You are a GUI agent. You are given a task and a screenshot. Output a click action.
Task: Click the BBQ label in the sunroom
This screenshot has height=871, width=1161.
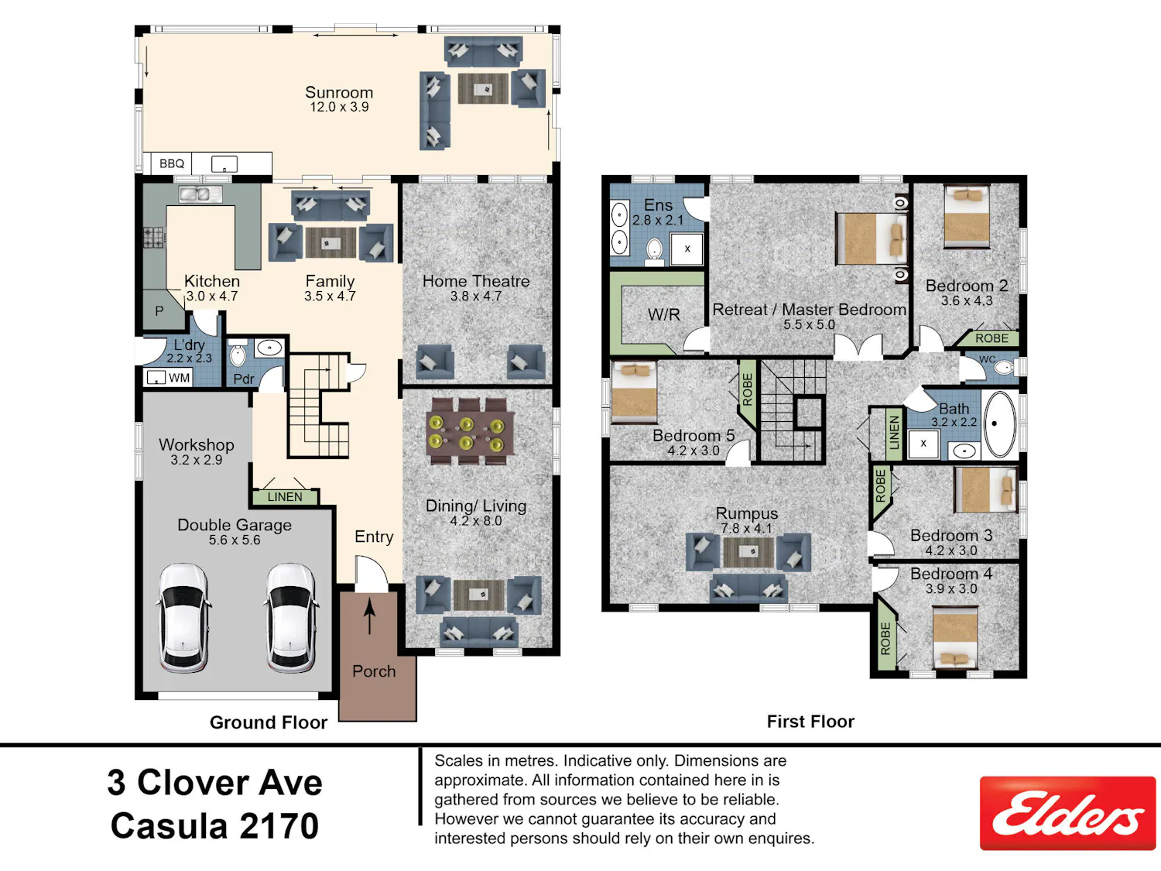click(172, 163)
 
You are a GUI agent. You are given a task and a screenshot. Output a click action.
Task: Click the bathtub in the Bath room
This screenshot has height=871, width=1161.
click(999, 424)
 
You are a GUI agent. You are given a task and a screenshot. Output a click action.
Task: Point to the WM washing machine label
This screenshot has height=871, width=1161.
click(179, 378)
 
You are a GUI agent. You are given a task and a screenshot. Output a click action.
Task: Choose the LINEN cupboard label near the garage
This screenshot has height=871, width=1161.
click(285, 497)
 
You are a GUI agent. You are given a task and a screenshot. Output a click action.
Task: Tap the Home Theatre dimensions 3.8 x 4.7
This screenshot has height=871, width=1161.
click(476, 297)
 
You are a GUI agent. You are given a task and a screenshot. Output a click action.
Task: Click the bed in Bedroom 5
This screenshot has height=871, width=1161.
click(634, 393)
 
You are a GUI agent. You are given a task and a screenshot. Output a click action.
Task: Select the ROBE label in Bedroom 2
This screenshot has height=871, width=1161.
click(991, 338)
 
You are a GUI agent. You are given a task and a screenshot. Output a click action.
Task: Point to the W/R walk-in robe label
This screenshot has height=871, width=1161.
click(664, 314)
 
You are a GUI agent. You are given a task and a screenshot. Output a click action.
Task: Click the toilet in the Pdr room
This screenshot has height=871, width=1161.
click(238, 354)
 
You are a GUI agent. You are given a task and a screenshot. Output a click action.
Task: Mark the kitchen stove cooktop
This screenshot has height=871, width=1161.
click(155, 238)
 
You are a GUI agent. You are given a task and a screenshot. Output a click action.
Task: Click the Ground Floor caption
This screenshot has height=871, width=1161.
click(268, 722)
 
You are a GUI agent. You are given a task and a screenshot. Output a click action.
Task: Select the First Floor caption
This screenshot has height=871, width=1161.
click(810, 722)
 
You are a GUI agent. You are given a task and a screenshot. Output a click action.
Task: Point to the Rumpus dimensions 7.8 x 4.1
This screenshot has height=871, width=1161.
click(746, 528)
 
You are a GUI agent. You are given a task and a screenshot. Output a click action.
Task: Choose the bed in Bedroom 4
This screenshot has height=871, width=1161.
click(954, 637)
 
